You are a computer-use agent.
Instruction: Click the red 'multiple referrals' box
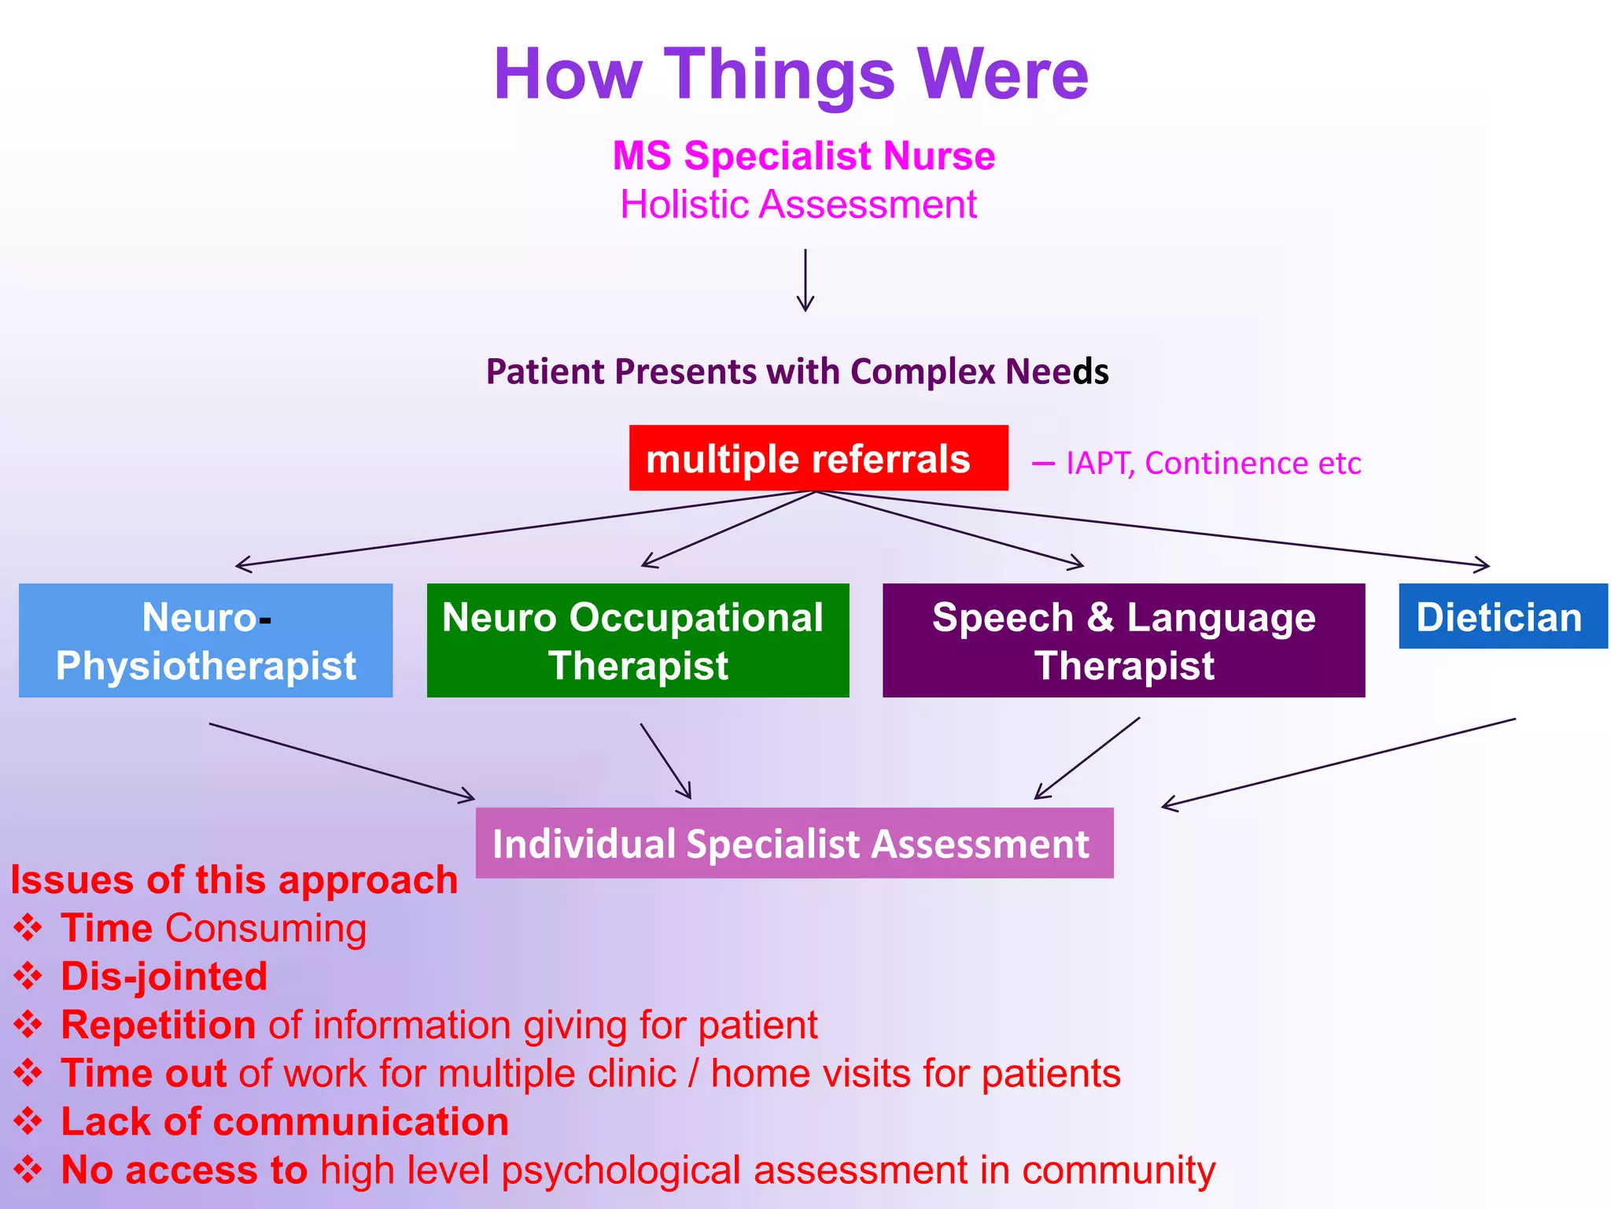click(x=818, y=458)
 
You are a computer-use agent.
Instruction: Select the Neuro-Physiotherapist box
click(x=205, y=640)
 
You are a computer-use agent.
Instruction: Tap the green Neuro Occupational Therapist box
click(x=637, y=640)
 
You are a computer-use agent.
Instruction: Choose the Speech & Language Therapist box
click(x=1123, y=640)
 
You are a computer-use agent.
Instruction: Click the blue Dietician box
click(x=1502, y=616)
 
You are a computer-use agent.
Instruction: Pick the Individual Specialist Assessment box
click(x=794, y=843)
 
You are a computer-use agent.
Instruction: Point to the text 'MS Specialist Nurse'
click(x=804, y=155)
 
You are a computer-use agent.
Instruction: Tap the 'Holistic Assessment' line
click(x=798, y=205)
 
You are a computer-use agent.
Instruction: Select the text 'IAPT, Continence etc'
click(x=1213, y=463)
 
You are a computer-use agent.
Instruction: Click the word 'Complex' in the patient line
click(x=922, y=372)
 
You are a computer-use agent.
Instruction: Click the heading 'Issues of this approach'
click(x=234, y=879)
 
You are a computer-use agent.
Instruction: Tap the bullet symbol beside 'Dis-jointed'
click(x=28, y=976)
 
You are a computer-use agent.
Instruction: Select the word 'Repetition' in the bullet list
click(x=158, y=1025)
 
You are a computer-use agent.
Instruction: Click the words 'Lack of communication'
click(x=285, y=1122)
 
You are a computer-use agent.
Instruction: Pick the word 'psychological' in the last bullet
click(x=621, y=1170)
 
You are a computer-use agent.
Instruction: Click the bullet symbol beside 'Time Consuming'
click(x=28, y=928)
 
